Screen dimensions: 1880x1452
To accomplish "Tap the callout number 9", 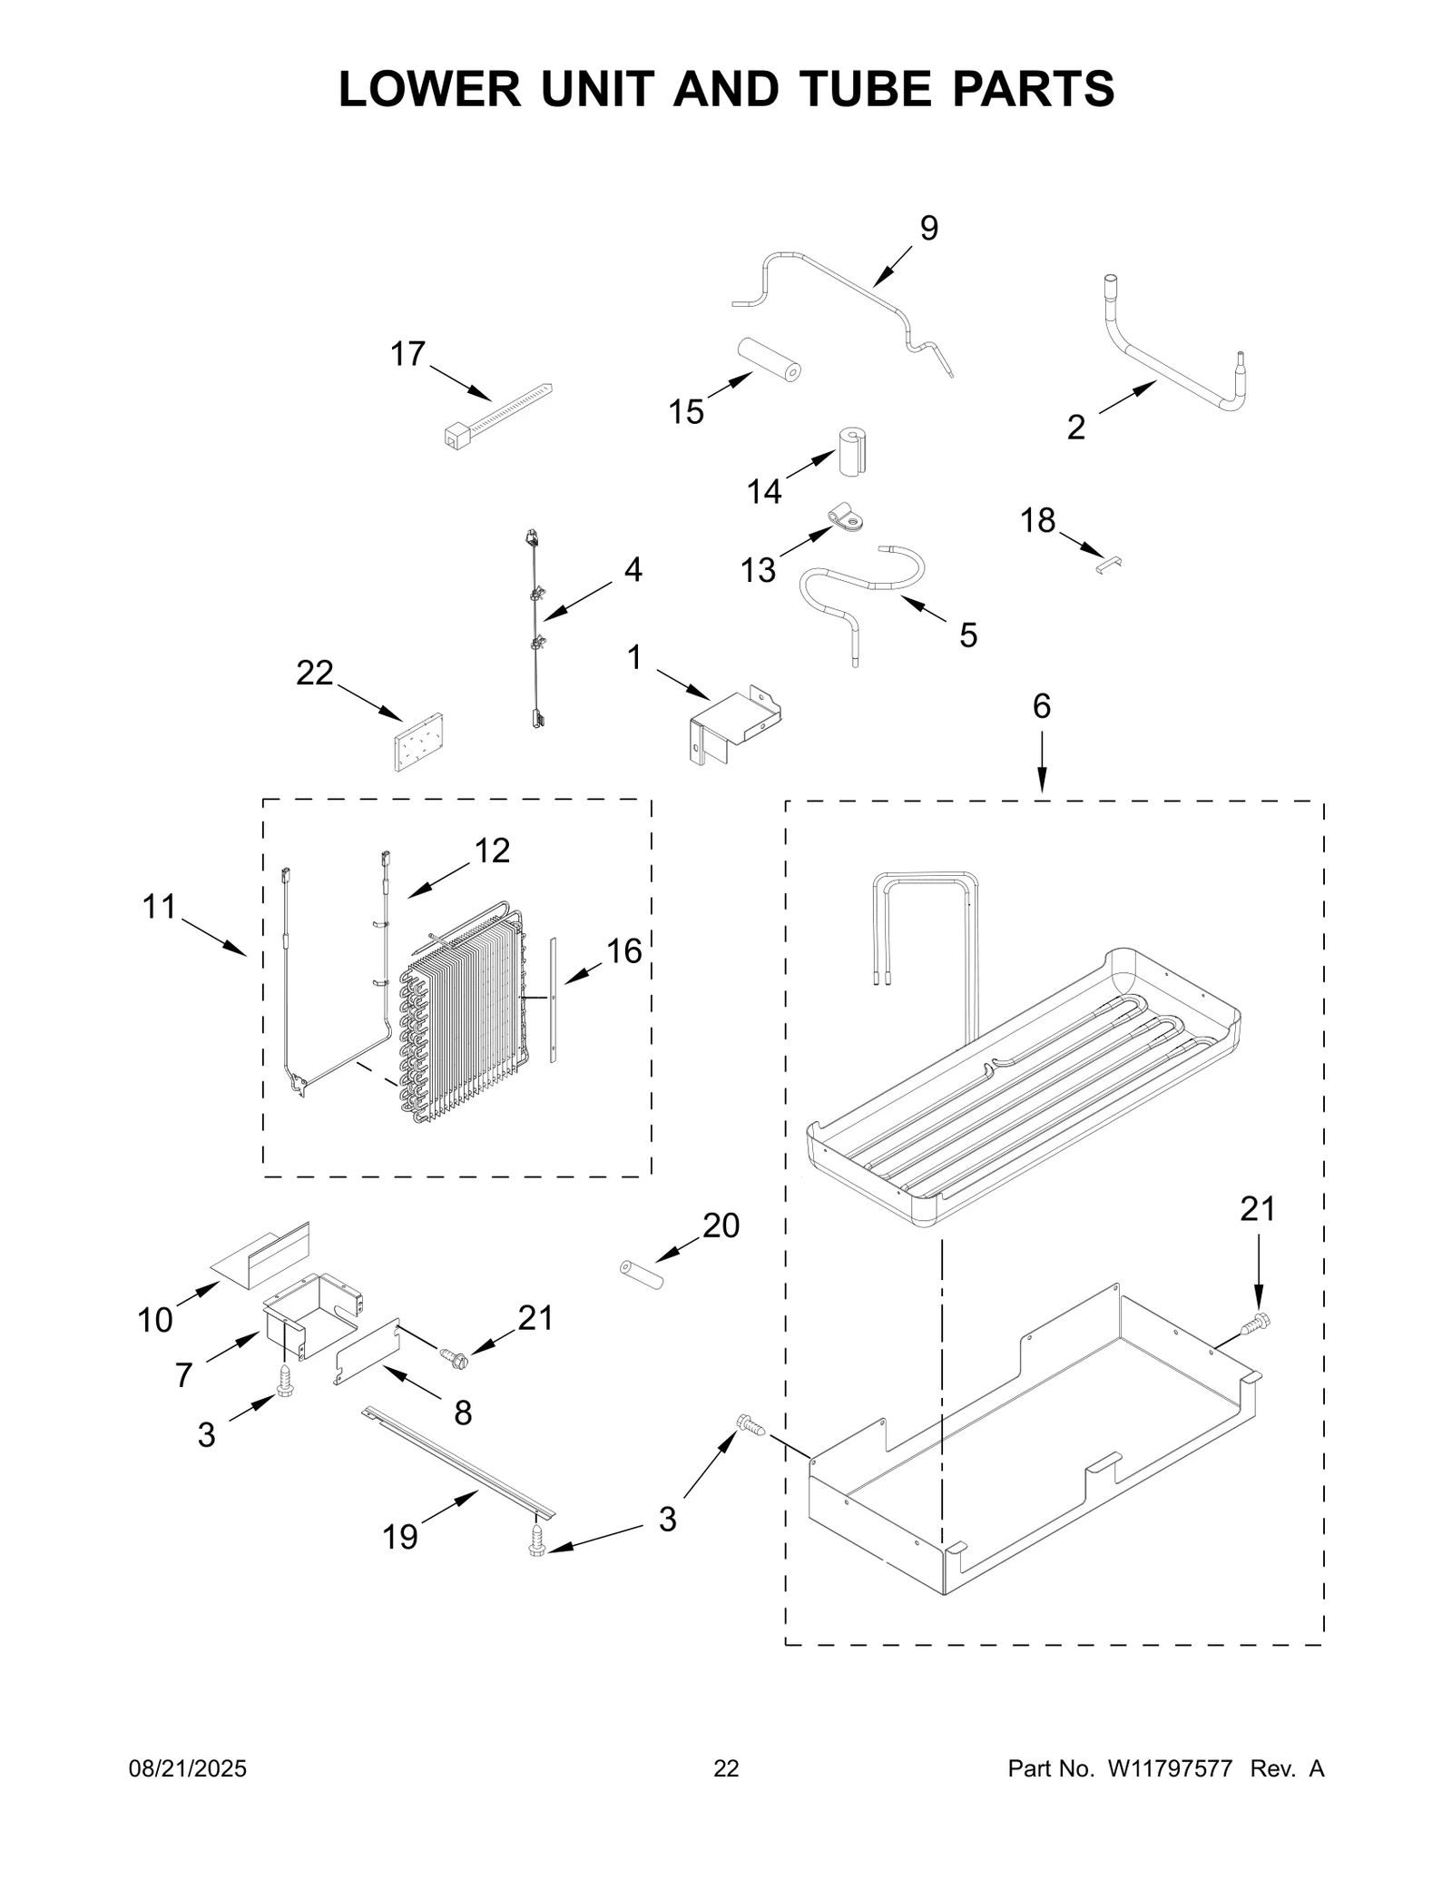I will [928, 229].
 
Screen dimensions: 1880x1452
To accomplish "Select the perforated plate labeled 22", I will [418, 743].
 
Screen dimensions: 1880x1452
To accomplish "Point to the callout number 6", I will [1041, 706].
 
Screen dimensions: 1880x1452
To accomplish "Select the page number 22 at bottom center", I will [726, 1768].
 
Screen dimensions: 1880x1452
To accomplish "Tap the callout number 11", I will [160, 907].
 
